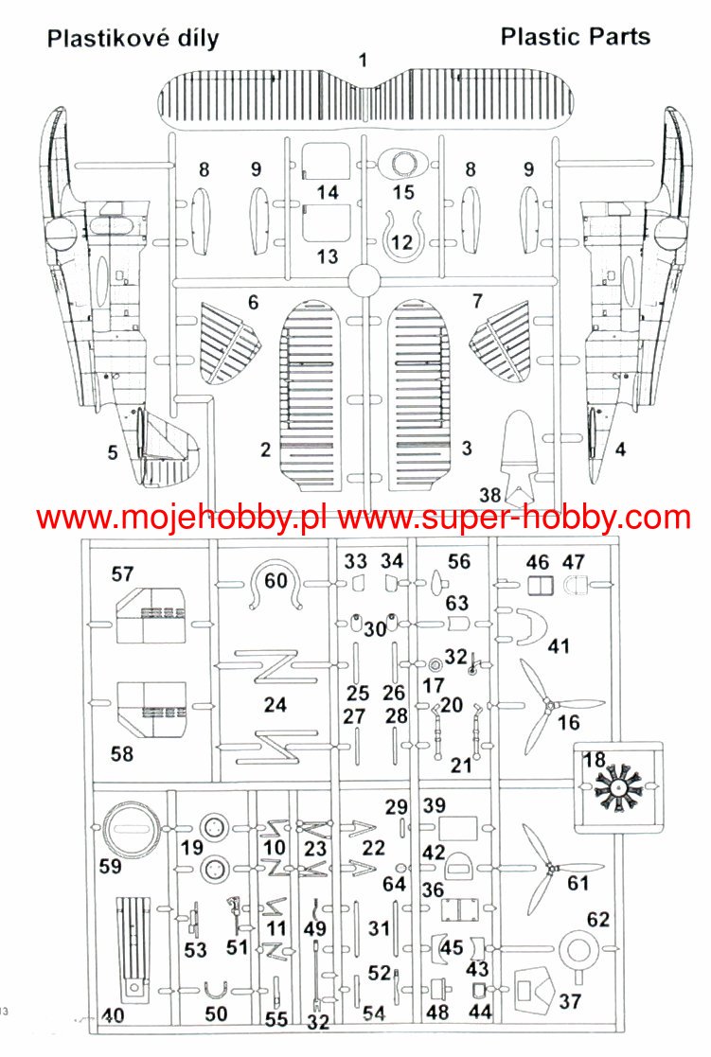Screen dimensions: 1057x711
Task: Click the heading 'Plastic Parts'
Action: tap(575, 37)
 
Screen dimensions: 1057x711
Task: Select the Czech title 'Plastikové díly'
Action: tap(133, 39)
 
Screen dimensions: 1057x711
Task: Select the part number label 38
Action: tap(489, 495)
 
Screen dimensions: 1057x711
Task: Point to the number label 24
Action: tap(275, 704)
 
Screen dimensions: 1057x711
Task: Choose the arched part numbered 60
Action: tap(276, 588)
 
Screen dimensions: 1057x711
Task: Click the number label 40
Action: tap(113, 1016)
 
